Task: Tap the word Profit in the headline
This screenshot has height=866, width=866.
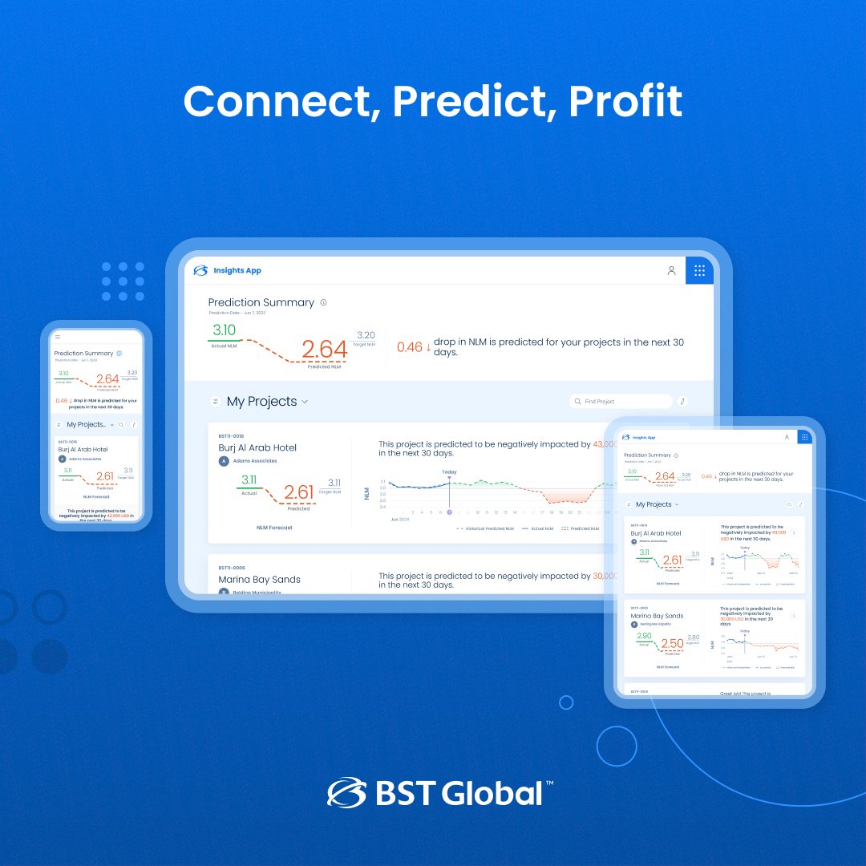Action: (x=625, y=102)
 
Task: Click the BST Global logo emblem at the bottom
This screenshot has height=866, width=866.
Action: (x=346, y=791)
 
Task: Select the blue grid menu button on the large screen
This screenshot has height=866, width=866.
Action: (x=699, y=270)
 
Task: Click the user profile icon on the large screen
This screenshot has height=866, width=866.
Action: (x=672, y=270)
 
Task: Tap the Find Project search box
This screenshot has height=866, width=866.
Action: (x=621, y=401)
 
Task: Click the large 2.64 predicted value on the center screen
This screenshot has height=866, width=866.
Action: (x=324, y=349)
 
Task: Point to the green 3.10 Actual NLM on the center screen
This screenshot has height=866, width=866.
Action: (x=224, y=330)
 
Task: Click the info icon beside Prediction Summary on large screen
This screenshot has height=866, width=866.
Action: (x=324, y=302)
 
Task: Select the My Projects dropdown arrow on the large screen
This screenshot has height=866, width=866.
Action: (x=305, y=402)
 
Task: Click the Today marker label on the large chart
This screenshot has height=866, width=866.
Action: (x=449, y=471)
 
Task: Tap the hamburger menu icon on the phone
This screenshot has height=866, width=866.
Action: (x=58, y=337)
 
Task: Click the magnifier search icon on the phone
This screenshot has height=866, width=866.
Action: (x=121, y=424)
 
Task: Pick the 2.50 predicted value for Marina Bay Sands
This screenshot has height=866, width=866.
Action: (x=672, y=644)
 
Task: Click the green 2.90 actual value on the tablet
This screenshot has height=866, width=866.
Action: (x=644, y=636)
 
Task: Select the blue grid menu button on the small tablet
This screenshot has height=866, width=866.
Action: (x=804, y=437)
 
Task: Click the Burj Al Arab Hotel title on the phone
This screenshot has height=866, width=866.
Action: (x=83, y=450)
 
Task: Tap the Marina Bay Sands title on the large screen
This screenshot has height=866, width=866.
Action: (x=258, y=579)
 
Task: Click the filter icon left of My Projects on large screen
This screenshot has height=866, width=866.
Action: (x=215, y=402)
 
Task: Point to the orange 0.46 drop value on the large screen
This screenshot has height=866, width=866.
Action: (x=409, y=347)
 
